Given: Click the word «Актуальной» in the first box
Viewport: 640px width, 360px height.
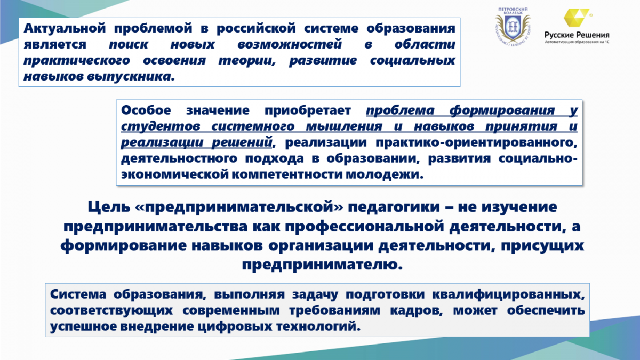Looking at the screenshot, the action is tap(65, 28).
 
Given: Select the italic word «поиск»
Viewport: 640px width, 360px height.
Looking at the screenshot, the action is tap(129, 44).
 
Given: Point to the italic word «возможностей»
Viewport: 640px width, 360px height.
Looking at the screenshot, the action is tap(290, 44).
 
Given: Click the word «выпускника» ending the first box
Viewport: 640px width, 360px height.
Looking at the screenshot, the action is tap(131, 77).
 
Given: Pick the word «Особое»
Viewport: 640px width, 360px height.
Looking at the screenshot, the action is tap(146, 110).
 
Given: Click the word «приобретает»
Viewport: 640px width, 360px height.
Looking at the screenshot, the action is tap(308, 111).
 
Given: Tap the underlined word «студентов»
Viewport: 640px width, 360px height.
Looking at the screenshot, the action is tap(161, 126).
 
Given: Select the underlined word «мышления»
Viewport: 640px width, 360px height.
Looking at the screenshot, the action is tap(344, 126).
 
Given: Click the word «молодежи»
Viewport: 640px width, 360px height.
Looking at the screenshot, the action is tap(385, 174).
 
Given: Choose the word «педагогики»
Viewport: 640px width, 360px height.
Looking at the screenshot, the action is tap(394, 207).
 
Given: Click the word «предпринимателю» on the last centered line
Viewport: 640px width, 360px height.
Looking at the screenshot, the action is tap(322, 265).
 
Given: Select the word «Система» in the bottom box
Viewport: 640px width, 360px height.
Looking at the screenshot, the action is tap(78, 294).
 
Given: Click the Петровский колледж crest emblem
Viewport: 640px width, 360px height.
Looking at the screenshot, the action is tap(513, 28).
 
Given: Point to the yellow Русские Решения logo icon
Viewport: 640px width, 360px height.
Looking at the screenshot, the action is tap(576, 18).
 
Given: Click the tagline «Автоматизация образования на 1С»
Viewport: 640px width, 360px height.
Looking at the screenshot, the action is tap(577, 42).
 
